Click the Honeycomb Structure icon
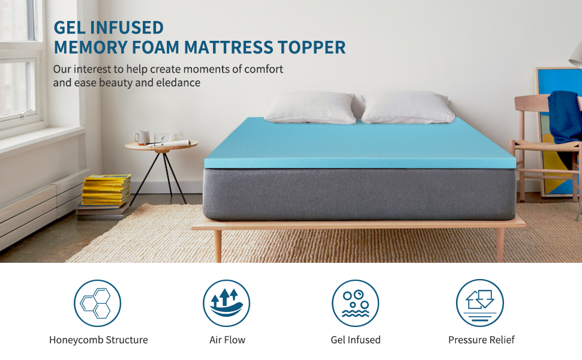point(97,303)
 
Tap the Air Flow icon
point(226,303)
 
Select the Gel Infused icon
point(355,303)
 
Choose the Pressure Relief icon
point(479,303)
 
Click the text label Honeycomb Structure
point(98,340)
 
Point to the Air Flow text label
point(227,340)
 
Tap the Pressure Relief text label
point(481,340)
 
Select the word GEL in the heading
point(68,28)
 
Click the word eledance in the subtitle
point(179,83)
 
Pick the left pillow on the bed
point(310,107)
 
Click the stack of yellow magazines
point(106,189)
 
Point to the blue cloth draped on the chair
point(563,115)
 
